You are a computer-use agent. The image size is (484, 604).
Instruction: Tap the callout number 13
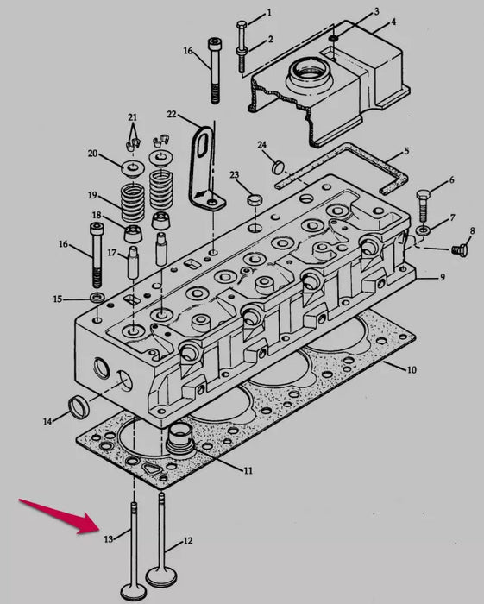tap(109, 539)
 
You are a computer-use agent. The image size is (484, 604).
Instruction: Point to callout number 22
tap(171, 115)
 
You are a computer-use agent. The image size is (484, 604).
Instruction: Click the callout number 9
tap(442, 278)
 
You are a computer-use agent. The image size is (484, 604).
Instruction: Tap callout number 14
tap(47, 421)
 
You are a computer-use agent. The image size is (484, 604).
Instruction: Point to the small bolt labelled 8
tap(459, 250)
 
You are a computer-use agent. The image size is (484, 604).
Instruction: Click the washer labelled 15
tap(96, 299)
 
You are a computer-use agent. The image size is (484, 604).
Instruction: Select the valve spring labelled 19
tap(132, 203)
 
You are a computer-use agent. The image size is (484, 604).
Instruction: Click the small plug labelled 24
tap(279, 166)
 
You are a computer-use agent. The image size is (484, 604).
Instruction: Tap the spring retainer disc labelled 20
tap(132, 164)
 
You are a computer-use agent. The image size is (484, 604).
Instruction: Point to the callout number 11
tap(248, 471)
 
